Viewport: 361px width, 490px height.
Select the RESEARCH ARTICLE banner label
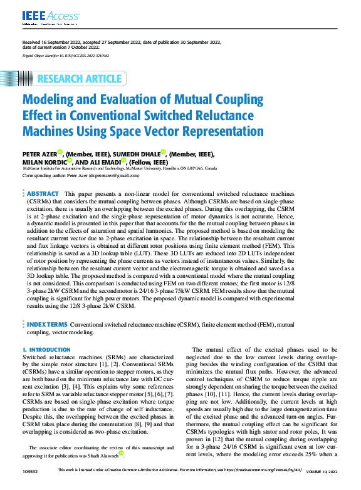[80, 79]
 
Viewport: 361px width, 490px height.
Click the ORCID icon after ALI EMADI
[131, 160]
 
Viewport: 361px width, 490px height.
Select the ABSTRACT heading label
[43, 195]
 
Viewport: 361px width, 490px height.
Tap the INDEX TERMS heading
[47, 325]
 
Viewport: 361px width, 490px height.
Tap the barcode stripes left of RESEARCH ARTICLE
[24, 79]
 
